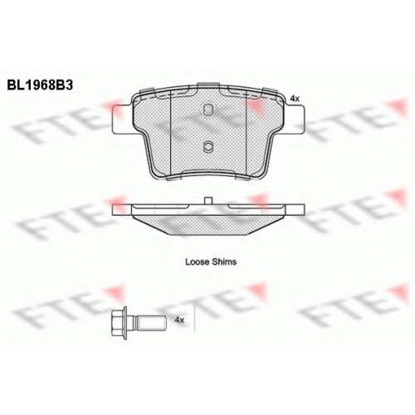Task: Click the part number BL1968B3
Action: pyautogui.click(x=40, y=85)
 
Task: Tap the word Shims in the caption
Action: pyautogui.click(x=224, y=261)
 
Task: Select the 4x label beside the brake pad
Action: pyautogui.click(x=295, y=99)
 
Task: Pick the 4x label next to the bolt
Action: pyautogui.click(x=179, y=320)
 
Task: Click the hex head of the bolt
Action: pyautogui.click(x=118, y=323)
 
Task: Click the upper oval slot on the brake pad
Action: pyautogui.click(x=207, y=110)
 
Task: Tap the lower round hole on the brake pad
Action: pyautogui.click(x=207, y=146)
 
